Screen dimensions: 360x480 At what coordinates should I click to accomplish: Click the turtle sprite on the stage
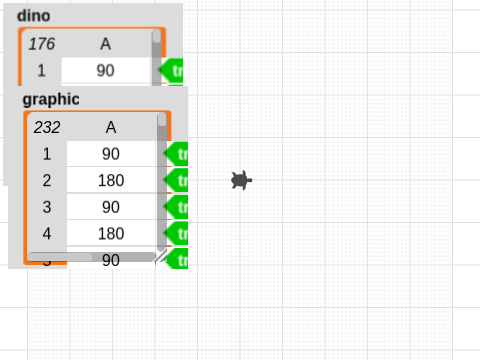(240, 180)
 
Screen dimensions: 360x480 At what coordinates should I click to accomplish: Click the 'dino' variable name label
(35, 17)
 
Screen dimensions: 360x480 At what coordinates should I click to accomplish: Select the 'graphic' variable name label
(50, 99)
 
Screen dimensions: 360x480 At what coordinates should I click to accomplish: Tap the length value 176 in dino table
(41, 44)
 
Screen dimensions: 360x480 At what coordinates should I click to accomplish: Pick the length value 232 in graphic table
(47, 128)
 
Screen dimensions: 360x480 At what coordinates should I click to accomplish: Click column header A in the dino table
(105, 44)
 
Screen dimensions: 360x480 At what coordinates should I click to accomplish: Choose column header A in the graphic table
(111, 128)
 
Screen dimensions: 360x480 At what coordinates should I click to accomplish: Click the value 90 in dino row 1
(105, 71)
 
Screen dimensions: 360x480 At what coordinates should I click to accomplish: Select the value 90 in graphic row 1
(111, 154)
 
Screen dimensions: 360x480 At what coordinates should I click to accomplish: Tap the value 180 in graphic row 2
(111, 180)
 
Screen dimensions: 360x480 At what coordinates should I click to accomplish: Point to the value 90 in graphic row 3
(111, 207)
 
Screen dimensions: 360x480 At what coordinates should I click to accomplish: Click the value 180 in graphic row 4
(111, 233)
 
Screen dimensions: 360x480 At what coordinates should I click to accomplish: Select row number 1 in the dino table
(41, 71)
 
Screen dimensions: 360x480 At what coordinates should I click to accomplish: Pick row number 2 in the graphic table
(47, 180)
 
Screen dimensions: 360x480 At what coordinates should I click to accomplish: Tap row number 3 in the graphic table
(47, 207)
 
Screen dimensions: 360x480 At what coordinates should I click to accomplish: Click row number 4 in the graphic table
(47, 233)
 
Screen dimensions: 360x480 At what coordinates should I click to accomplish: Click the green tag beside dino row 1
(174, 71)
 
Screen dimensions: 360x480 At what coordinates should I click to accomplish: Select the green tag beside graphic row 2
(178, 180)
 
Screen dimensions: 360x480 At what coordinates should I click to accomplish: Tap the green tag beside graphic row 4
(178, 233)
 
